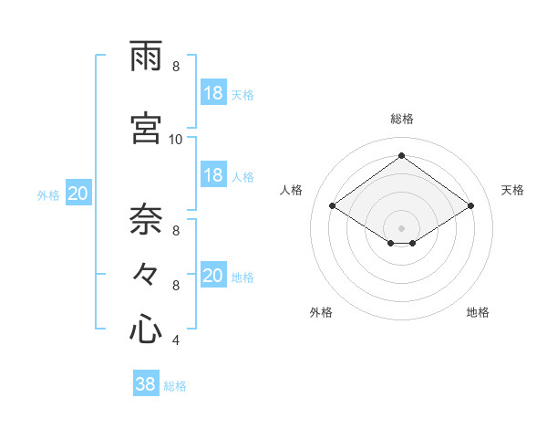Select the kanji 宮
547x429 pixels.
pyautogui.click(x=146, y=131)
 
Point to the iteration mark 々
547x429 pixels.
pyautogui.click(x=146, y=275)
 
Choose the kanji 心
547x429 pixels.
pyautogui.click(x=146, y=329)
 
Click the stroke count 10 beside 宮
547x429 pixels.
pyautogui.click(x=176, y=140)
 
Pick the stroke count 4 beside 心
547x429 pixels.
pyautogui.click(x=175, y=340)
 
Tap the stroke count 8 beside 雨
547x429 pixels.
pyautogui.click(x=175, y=67)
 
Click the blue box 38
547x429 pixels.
pyautogui.click(x=146, y=385)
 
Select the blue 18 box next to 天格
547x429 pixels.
pyautogui.click(x=213, y=93)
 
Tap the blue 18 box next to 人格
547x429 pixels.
pyautogui.click(x=213, y=175)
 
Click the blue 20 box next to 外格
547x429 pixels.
pyautogui.click(x=78, y=194)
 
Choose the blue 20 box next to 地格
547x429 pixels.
pyautogui.click(x=213, y=276)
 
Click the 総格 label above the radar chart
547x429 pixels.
pyautogui.click(x=401, y=119)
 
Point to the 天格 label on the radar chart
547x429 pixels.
pyautogui.click(x=512, y=190)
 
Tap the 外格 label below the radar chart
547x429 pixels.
pyautogui.click(x=321, y=312)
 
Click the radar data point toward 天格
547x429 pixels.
pyautogui.click(x=470, y=206)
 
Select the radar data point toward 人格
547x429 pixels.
pyautogui.click(x=333, y=206)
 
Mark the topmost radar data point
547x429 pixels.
pyautogui.click(x=401, y=156)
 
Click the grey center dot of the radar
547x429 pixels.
pyautogui.click(x=401, y=227)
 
